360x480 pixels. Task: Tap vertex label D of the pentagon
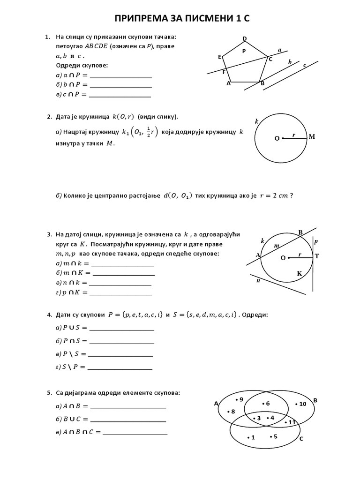[245, 38]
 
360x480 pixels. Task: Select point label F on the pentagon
[224, 72]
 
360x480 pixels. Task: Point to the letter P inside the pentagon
[244, 51]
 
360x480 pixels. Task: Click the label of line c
[305, 65]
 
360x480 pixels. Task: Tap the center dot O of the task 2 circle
[283, 138]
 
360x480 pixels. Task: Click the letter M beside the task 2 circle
[312, 137]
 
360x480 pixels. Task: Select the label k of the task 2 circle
[256, 121]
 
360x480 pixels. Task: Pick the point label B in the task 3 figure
[301, 232]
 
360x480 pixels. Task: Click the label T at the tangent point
[317, 256]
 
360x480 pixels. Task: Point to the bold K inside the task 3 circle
[299, 273]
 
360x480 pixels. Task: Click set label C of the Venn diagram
[301, 439]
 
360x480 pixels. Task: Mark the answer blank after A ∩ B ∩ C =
[135, 434]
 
